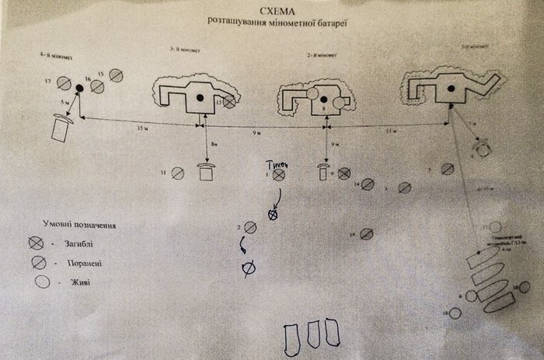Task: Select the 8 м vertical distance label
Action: pyautogui.click(x=214, y=144)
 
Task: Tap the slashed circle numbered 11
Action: pyautogui.click(x=177, y=173)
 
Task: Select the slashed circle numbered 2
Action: pyautogui.click(x=250, y=227)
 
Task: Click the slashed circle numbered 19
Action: pyautogui.click(x=371, y=233)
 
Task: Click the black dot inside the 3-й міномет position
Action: pyautogui.click(x=200, y=97)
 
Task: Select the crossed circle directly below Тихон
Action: pyautogui.click(x=273, y=215)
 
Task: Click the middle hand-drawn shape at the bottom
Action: pyautogui.click(x=316, y=334)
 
